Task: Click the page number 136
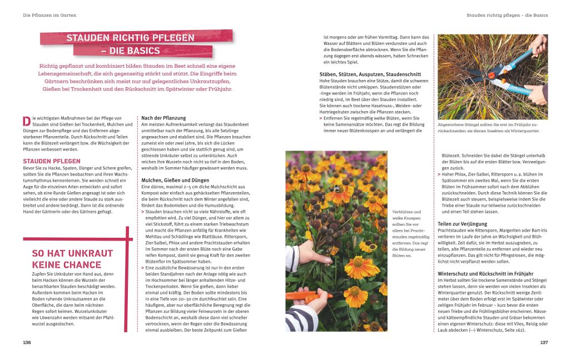click(x=27, y=343)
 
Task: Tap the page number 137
click(x=544, y=343)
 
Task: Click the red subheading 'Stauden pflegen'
click(x=48, y=161)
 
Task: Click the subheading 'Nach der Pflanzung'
click(x=163, y=118)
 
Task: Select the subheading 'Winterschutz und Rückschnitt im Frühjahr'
click(x=485, y=274)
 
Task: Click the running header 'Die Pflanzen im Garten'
click(x=49, y=15)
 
